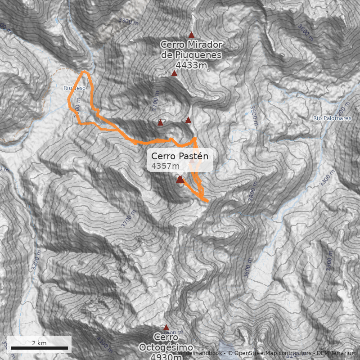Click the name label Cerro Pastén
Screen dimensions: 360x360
[180, 156]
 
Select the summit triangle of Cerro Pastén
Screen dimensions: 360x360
[180, 180]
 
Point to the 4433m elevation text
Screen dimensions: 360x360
[192, 65]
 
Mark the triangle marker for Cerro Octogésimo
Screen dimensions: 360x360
[166, 328]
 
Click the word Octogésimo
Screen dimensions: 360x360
[166, 347]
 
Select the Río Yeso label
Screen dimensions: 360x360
[75, 88]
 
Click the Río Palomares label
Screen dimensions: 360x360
[332, 118]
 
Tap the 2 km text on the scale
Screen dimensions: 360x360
[39, 343]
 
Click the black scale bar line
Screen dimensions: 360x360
[39, 348]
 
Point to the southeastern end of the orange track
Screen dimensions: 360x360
[207, 200]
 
